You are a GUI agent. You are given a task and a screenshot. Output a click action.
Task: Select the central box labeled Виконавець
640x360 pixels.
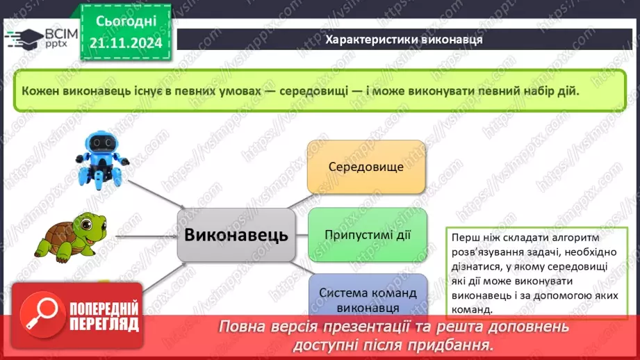coord(236,235)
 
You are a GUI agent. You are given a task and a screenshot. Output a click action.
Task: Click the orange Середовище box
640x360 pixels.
coord(366,167)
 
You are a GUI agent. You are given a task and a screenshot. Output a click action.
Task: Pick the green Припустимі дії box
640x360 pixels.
coord(367,234)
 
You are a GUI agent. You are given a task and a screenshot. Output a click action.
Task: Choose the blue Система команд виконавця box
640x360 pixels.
coord(367,299)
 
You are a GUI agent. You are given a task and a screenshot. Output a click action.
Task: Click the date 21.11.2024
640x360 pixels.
coord(125,44)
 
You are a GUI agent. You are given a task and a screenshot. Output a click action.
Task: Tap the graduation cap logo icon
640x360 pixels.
coord(21,36)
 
